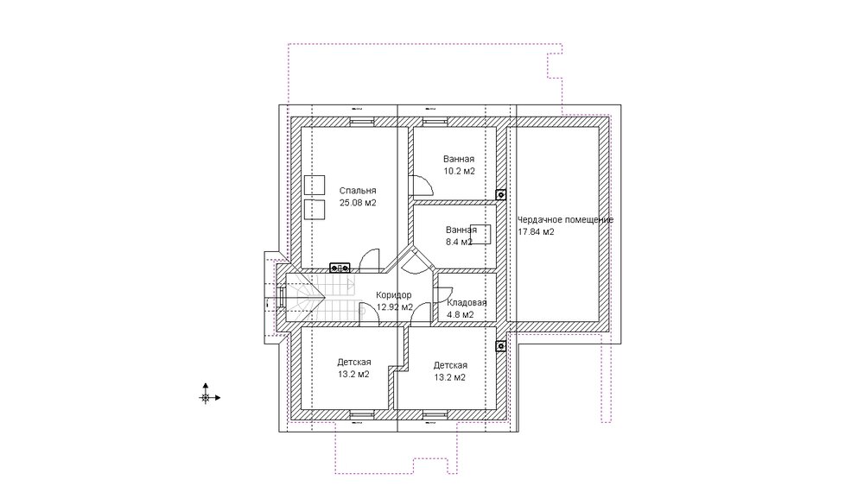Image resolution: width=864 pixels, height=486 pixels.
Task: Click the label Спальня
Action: coord(358,191)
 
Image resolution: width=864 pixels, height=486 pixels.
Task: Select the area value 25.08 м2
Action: coord(358,203)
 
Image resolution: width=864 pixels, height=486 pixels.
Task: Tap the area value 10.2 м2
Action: coord(459,171)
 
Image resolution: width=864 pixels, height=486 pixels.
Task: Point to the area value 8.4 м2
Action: coord(459,242)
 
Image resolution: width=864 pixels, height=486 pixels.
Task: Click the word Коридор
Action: coord(393,295)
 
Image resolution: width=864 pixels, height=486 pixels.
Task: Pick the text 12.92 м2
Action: coord(395,307)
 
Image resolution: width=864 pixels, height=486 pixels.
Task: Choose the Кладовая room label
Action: coord(467,303)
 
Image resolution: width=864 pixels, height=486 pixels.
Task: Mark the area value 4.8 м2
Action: coord(461,315)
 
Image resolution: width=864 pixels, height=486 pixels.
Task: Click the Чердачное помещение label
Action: coord(565,219)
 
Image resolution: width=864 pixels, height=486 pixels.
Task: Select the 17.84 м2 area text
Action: coord(536,231)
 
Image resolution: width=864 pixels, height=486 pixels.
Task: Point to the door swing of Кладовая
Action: coord(445,294)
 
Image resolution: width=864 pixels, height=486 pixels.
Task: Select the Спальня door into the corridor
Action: coord(370,261)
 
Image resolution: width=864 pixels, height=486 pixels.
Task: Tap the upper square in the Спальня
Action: coord(314,185)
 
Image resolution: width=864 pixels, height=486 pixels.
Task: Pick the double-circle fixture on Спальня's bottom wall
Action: coord(340,268)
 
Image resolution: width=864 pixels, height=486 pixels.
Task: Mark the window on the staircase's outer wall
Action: coord(282,297)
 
